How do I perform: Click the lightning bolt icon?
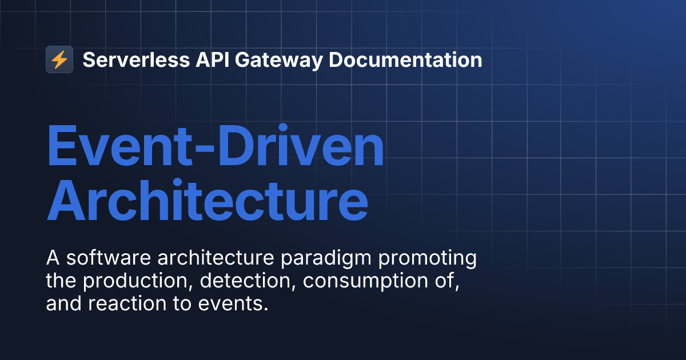[x=59, y=59]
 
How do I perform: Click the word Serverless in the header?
[x=136, y=59]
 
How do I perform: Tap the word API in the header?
[x=213, y=59]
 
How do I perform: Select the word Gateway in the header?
[x=279, y=61]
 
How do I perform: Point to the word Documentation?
[x=405, y=59]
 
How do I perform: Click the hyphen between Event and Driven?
[x=205, y=148]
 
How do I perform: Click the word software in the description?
[x=109, y=258]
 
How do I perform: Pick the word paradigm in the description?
[x=326, y=259]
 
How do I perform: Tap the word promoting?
[x=427, y=259]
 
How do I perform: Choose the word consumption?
[x=365, y=282]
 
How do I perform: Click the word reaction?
[x=127, y=303]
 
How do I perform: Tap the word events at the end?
[x=233, y=304]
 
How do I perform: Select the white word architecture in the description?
[x=216, y=258]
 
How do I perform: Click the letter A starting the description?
[x=53, y=258]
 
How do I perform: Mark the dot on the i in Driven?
[x=282, y=127]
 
